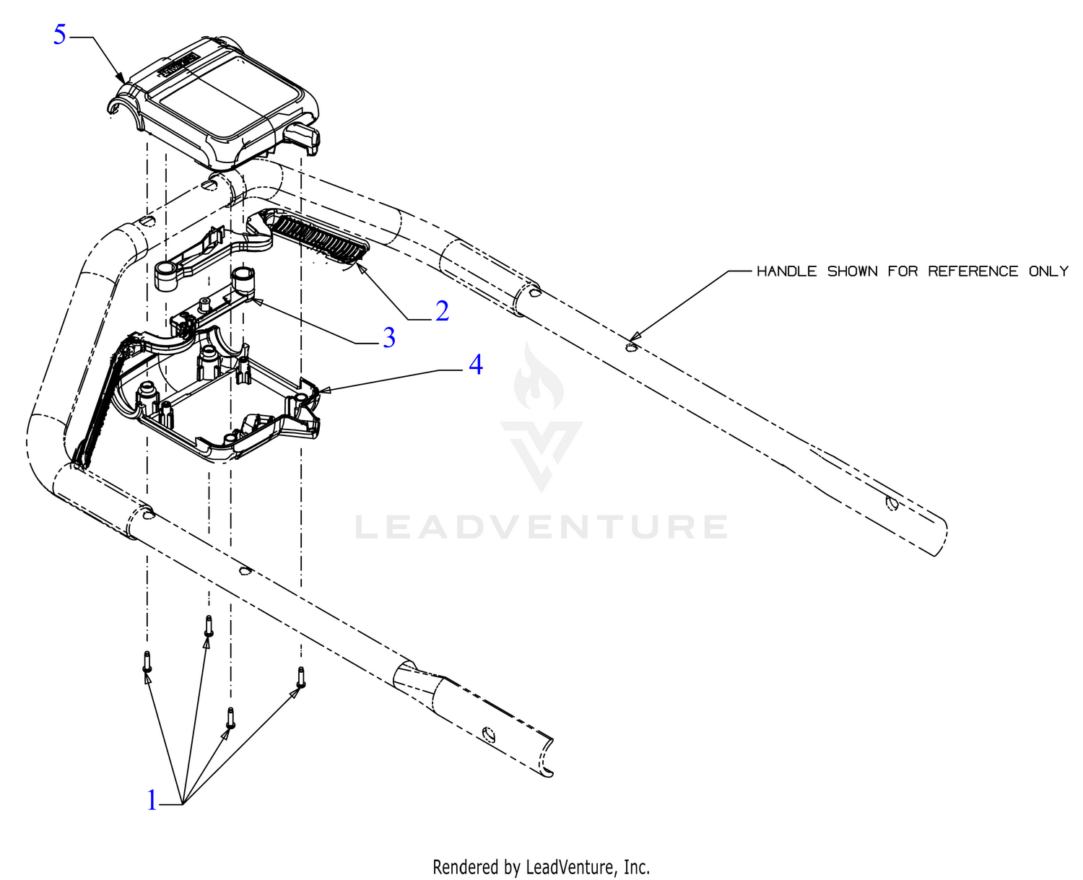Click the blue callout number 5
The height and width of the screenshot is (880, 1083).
(x=59, y=35)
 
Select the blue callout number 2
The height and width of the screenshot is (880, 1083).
(x=442, y=311)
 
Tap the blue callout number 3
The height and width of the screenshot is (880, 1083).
(x=389, y=337)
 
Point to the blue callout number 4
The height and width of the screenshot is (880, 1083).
(x=475, y=364)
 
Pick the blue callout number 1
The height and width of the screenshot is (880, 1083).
(x=152, y=800)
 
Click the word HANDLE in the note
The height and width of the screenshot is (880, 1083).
(x=786, y=271)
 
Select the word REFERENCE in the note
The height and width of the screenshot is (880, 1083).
(x=973, y=271)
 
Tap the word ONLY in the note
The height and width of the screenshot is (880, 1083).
(x=1048, y=271)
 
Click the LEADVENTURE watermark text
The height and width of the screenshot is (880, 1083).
(x=541, y=527)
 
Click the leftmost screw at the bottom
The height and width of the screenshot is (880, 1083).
(x=147, y=661)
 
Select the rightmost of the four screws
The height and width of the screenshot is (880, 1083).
(x=301, y=677)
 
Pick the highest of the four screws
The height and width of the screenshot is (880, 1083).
(x=208, y=626)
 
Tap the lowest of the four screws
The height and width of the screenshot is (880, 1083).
(x=230, y=718)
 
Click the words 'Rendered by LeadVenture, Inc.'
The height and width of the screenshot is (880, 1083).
(x=541, y=866)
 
